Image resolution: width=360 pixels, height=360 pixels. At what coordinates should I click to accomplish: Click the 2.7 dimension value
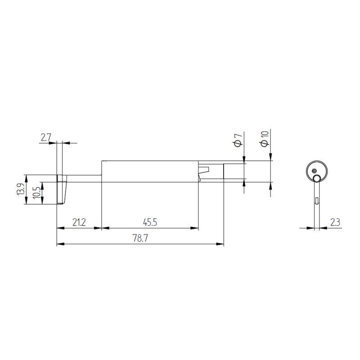point(46,138)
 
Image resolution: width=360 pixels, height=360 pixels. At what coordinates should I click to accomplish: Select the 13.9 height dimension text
point(21,189)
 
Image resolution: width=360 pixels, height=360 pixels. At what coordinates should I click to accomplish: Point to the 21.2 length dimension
point(79,222)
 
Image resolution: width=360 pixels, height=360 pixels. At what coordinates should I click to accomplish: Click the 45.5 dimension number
point(150,222)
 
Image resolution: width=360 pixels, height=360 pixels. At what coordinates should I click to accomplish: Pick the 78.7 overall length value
point(140,238)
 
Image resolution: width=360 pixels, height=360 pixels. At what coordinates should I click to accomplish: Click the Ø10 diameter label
point(265,139)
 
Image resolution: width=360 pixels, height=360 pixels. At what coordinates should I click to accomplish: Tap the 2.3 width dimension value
point(335,222)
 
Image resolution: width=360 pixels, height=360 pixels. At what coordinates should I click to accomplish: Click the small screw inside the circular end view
point(314,171)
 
